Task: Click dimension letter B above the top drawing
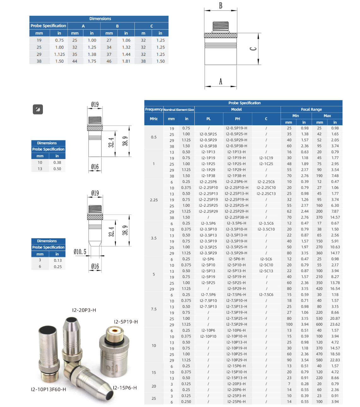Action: (221, 6)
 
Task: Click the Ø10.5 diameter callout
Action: (80, 251)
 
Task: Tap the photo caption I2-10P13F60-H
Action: (49, 389)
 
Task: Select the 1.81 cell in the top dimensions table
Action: (126, 61)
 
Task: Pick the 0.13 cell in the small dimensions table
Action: (58, 260)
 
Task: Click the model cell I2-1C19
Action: (266, 158)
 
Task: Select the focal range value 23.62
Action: (335, 324)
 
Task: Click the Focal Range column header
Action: (311, 109)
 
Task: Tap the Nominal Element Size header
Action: (179, 110)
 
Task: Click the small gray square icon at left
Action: (38, 109)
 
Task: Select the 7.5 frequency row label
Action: (154, 309)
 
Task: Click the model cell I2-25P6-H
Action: (237, 402)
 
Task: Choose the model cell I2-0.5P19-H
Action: (237, 128)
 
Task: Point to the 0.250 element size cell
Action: (186, 402)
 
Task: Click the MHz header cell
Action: (154, 119)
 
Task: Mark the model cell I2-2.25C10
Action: (266, 188)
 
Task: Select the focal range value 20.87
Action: (335, 318)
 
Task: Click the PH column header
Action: (237, 119)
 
